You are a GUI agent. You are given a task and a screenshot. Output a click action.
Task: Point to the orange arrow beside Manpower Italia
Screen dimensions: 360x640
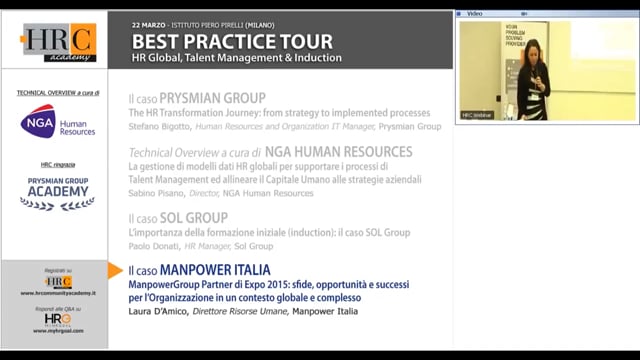(115, 271)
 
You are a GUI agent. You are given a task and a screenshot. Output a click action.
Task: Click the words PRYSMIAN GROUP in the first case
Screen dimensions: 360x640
(220, 98)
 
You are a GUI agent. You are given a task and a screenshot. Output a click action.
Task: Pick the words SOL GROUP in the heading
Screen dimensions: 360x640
(206, 217)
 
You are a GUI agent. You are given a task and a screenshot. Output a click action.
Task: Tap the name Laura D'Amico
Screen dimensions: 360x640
(156, 311)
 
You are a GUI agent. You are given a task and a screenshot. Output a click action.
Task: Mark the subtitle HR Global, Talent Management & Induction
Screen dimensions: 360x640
(237, 58)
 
